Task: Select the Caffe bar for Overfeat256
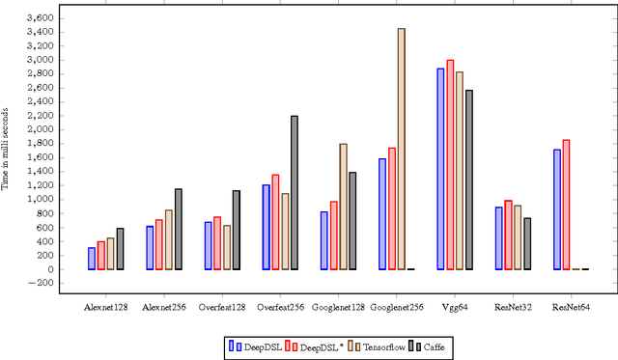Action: [295, 192]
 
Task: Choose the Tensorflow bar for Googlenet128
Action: [343, 207]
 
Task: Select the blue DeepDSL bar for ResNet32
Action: [498, 238]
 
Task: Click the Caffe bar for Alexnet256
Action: [179, 229]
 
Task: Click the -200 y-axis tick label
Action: [42, 283]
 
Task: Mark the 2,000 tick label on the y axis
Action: [41, 129]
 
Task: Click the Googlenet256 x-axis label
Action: [396, 307]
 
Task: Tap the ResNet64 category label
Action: [571, 307]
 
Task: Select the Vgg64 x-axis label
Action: [454, 307]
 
